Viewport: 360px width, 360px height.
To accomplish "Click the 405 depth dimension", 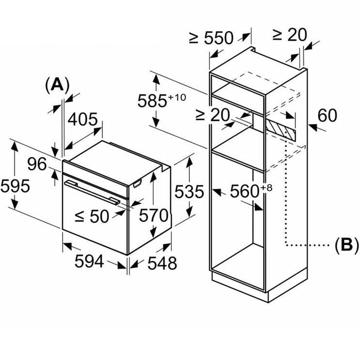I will (83, 120).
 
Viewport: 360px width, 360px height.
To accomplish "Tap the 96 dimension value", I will (37, 165).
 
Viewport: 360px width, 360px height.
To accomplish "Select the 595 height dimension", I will (15, 186).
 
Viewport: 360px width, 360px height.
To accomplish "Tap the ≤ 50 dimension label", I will (92, 216).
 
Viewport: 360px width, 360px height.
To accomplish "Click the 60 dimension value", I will (328, 115).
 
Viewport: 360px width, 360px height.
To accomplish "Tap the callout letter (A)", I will (57, 84).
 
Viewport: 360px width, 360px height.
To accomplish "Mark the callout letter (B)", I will (346, 246).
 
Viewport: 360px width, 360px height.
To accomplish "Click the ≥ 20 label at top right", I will (289, 34).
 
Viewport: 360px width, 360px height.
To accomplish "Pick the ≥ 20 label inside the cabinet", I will (212, 115).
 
